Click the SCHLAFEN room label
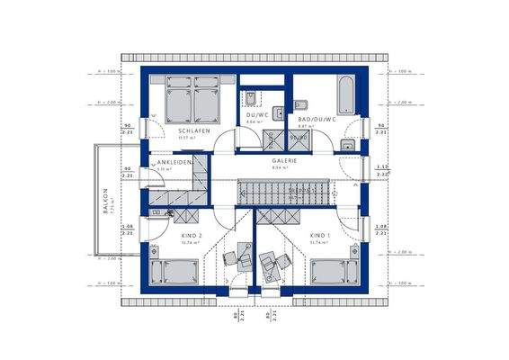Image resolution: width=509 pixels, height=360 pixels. tap(194, 131)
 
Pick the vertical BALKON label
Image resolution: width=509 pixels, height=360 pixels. tap(105, 200)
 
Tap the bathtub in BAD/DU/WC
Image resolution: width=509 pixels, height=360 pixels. tap(345, 93)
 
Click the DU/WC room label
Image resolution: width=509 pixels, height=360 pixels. tap(257, 115)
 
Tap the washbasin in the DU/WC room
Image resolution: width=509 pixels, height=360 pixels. tap(280, 113)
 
